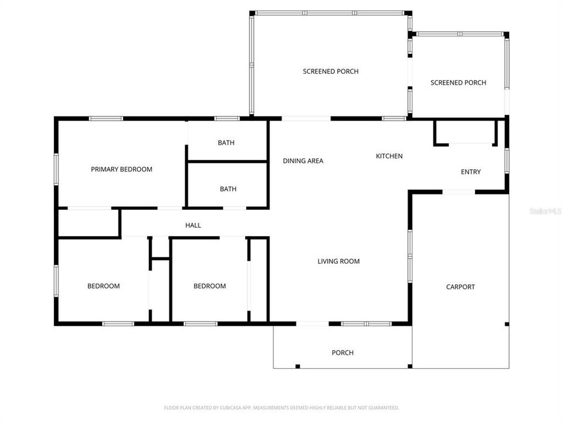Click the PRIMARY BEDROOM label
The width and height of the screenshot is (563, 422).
(x=121, y=169)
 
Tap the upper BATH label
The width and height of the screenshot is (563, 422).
(x=226, y=142)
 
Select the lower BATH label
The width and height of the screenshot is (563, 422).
(x=228, y=189)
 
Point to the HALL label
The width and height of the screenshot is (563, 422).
(x=193, y=225)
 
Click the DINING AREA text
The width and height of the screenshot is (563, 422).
(x=303, y=161)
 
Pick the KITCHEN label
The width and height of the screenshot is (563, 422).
(x=389, y=156)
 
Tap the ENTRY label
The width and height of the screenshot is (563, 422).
(x=470, y=172)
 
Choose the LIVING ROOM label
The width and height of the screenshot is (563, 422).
(x=338, y=261)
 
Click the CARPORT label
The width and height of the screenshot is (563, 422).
(x=460, y=287)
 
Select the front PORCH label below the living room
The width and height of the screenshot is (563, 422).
(x=342, y=353)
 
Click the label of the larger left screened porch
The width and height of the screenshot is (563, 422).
(x=331, y=72)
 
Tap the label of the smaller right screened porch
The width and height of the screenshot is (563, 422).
(x=458, y=83)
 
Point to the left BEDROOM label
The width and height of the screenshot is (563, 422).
(x=103, y=286)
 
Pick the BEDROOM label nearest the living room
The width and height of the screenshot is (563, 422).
(x=209, y=286)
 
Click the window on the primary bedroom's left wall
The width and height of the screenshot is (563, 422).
(x=56, y=169)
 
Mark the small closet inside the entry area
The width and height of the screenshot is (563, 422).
(x=466, y=132)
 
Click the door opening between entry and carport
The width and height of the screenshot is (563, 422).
(x=459, y=192)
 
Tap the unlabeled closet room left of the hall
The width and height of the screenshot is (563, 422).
(x=88, y=223)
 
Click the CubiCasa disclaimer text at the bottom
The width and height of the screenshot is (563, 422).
(x=281, y=407)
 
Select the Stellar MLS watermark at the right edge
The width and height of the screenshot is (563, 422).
(x=545, y=210)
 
